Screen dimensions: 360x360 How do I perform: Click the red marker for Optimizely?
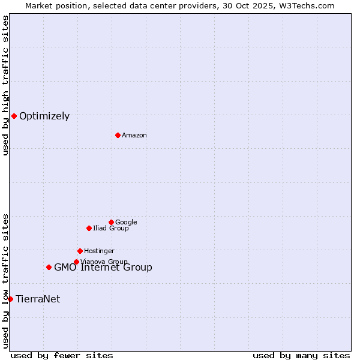(x=14, y=116)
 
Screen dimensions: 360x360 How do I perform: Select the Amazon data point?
(x=118, y=135)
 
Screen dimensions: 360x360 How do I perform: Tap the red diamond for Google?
(x=111, y=222)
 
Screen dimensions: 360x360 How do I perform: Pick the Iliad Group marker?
(x=89, y=228)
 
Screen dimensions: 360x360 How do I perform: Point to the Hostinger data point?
(x=80, y=251)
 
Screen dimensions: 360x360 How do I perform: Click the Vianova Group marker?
(x=76, y=262)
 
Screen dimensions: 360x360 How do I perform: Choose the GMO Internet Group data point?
(x=49, y=267)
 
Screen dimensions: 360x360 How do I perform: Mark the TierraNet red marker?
(x=10, y=299)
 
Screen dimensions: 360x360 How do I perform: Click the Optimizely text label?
(x=44, y=116)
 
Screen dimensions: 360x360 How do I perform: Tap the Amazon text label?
(x=134, y=136)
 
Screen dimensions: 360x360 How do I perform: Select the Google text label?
(x=126, y=223)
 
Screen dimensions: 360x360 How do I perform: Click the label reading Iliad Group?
(x=111, y=229)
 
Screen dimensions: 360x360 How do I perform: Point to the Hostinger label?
(x=99, y=251)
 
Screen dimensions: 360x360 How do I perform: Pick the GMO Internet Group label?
(x=103, y=268)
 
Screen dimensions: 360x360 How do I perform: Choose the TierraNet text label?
(x=38, y=299)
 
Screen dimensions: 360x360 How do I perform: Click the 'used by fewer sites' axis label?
(x=62, y=355)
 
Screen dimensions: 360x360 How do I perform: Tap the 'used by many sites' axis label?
(x=301, y=355)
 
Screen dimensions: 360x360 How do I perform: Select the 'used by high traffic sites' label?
(x=5, y=85)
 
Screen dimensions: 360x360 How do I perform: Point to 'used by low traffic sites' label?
(x=5, y=281)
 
